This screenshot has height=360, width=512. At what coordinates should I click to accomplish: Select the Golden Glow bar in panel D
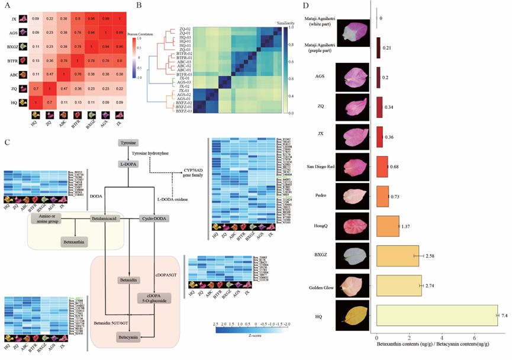pos(399,285)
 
